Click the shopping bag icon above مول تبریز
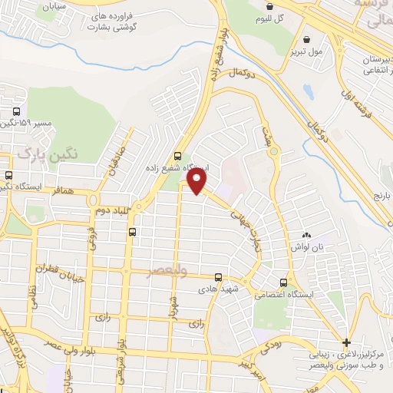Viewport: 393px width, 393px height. pyautogui.click(x=308, y=39)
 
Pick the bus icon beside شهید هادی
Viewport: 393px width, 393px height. pyautogui.click(x=218, y=277)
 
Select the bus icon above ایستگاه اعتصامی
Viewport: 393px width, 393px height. pyautogui.click(x=285, y=282)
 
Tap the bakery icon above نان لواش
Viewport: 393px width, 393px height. pyautogui.click(x=307, y=235)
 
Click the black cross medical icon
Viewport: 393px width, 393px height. pyautogui.click(x=347, y=342)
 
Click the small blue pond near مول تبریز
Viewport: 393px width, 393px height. pyautogui.click(x=308, y=92)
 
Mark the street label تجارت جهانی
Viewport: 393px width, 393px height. pyautogui.click(x=246, y=221)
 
